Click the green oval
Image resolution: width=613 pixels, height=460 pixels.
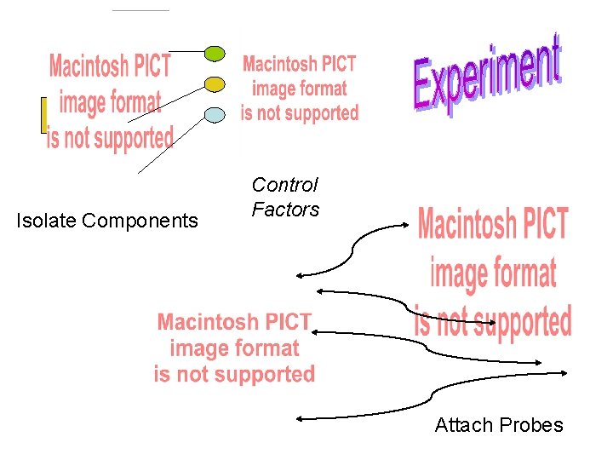[215, 54]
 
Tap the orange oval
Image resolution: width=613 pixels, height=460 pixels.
[215, 83]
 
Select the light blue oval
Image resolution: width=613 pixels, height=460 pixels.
[215, 114]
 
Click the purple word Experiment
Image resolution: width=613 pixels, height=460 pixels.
[488, 74]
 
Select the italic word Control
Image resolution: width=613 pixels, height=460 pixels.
[285, 185]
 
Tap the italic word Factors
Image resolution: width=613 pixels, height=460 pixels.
[285, 210]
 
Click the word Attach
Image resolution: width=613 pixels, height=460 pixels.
[463, 425]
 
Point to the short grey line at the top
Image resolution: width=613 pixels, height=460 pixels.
[140, 10]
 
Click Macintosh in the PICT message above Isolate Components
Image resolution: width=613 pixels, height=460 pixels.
[110, 66]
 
